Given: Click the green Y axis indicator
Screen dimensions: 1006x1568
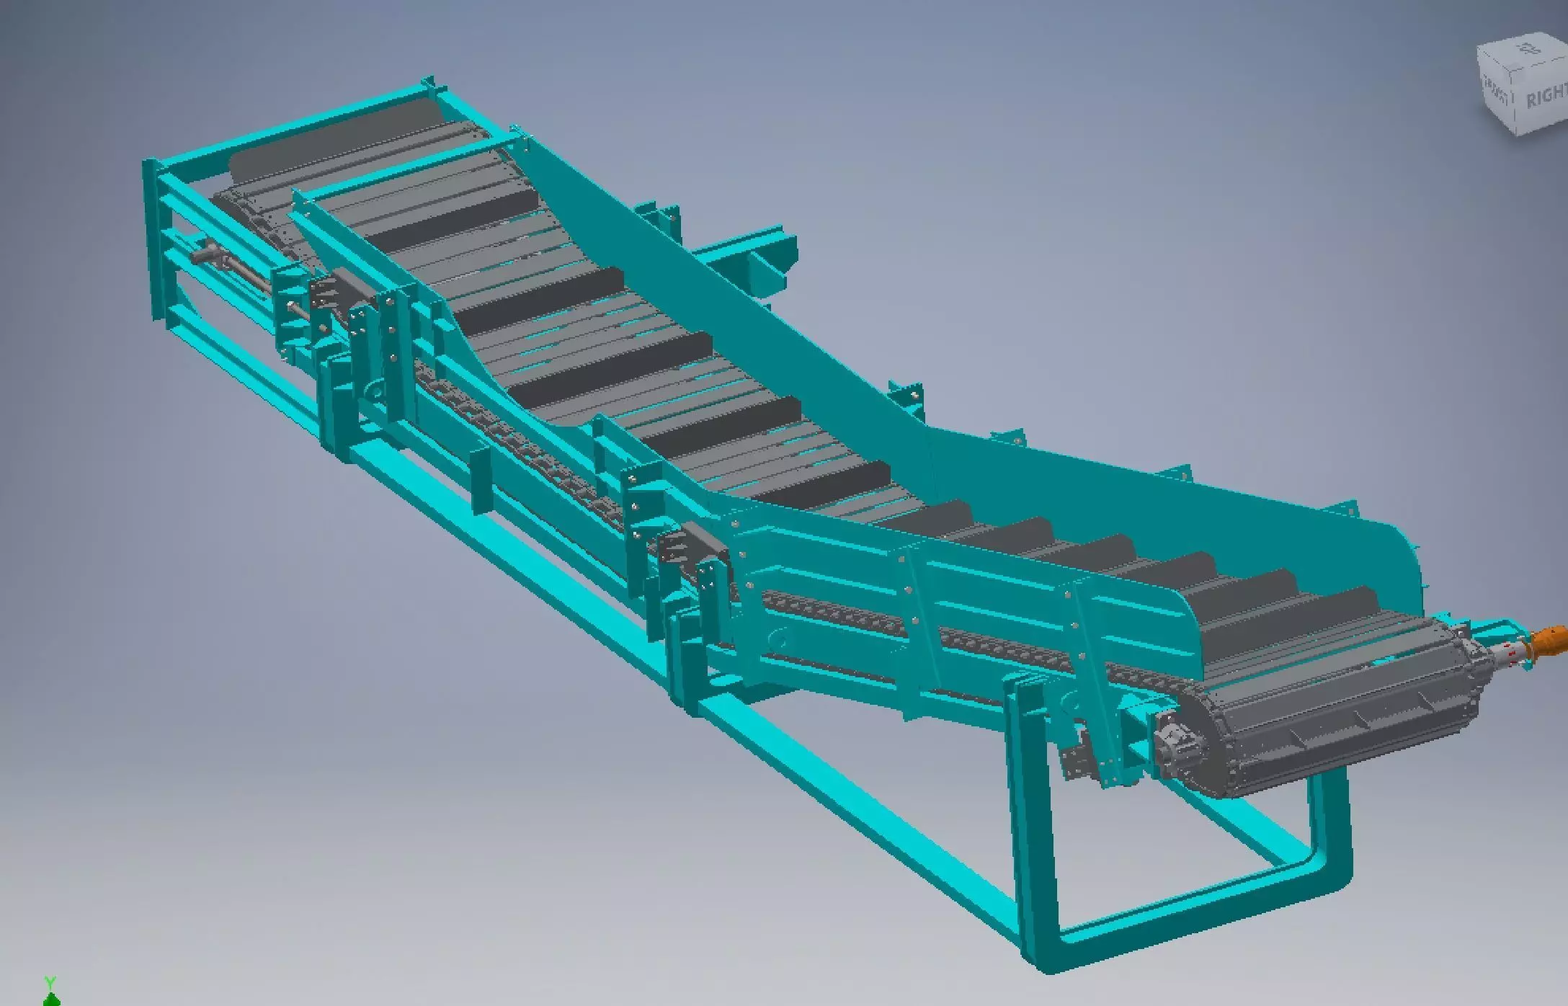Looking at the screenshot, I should click(x=50, y=991).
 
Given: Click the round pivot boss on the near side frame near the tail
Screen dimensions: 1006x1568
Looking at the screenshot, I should click(x=373, y=391).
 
